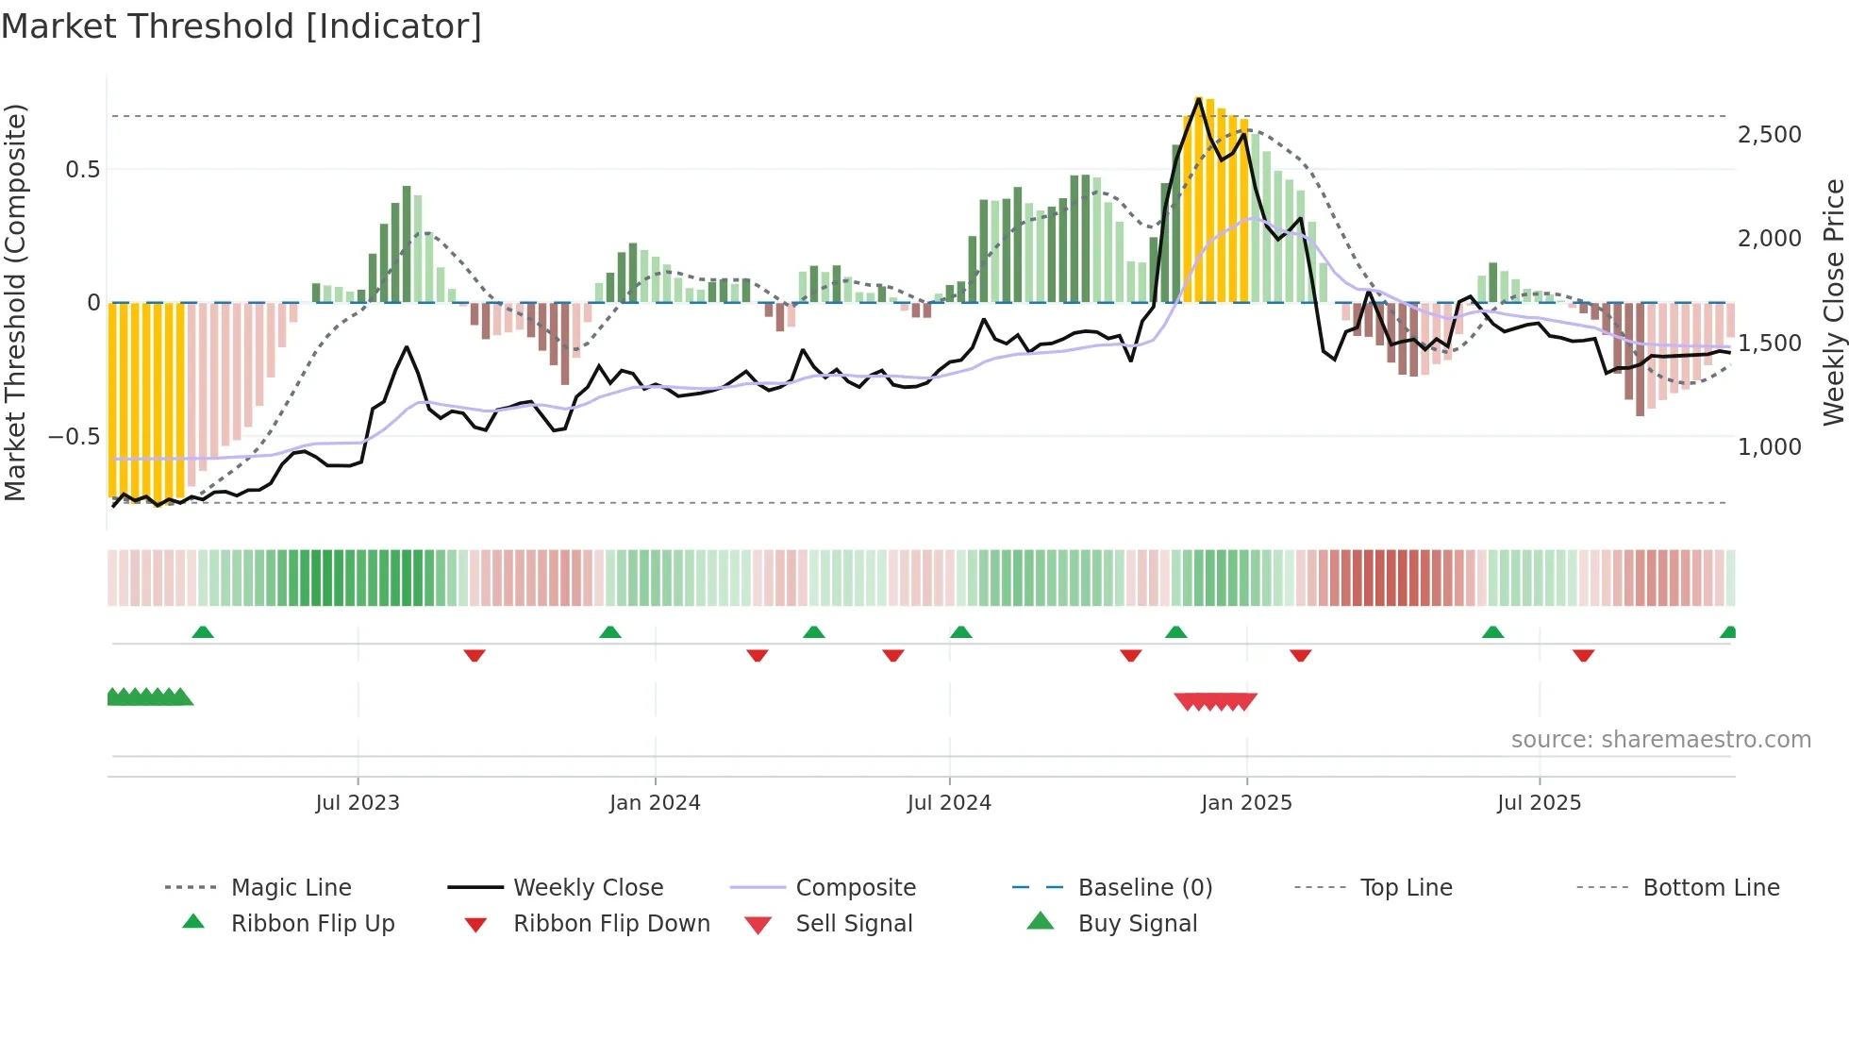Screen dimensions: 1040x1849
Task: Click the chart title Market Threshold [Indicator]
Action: (242, 26)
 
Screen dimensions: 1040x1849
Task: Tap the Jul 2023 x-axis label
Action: (358, 803)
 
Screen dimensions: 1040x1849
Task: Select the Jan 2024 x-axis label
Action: (655, 803)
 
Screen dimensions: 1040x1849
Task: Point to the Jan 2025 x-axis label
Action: (1246, 803)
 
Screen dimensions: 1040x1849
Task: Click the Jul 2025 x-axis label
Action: (1539, 803)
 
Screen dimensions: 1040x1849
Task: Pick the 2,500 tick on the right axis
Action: (1769, 135)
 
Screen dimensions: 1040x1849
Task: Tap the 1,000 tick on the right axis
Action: (1769, 447)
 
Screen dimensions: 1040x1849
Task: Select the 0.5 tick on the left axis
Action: (82, 170)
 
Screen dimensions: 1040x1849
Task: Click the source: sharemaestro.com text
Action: (1660, 740)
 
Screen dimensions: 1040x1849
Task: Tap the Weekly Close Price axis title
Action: (1833, 302)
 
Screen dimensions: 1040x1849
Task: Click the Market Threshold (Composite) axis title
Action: (15, 302)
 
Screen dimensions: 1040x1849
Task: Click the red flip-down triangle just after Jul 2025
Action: (1583, 655)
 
